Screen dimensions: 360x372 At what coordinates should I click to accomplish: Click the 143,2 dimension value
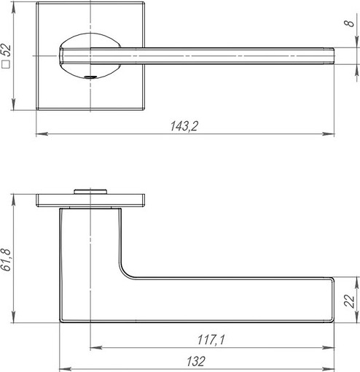point(184,126)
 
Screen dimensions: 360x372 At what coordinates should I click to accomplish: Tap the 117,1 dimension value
point(211,340)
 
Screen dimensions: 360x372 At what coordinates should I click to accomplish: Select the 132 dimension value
point(196,361)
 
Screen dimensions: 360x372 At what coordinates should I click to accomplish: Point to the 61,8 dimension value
point(6,260)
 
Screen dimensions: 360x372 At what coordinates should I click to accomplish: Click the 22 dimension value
point(350,301)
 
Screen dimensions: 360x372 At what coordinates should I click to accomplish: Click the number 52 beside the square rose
point(6,50)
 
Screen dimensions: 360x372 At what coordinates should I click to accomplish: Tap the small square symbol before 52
point(6,64)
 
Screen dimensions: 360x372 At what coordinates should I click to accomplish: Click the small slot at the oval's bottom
point(90,77)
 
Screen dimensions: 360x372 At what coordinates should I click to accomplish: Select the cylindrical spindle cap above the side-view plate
point(90,191)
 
